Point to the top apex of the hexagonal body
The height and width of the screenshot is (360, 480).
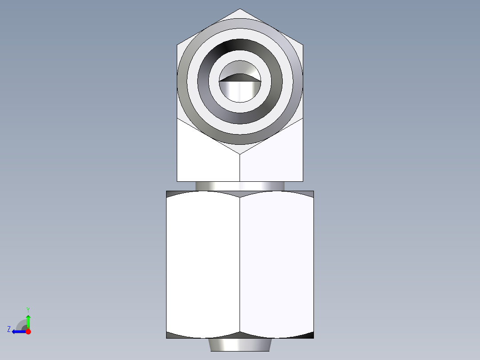[x=240, y=9]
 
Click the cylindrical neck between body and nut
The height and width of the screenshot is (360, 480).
[x=240, y=186]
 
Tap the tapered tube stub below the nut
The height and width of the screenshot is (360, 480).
[x=240, y=344]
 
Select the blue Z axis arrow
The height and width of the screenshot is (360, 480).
[x=18, y=331]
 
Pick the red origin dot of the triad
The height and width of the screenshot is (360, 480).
[x=28, y=331]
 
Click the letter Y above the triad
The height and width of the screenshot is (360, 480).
[x=28, y=309]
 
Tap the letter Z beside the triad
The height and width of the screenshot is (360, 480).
[x=9, y=329]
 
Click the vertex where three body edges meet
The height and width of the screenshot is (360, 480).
[x=240, y=155]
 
